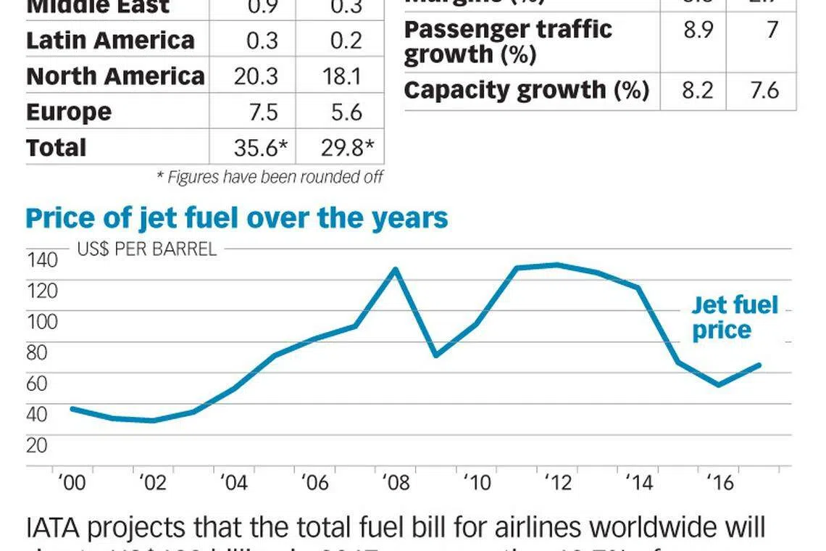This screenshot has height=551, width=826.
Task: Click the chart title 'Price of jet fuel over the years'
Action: point(236,217)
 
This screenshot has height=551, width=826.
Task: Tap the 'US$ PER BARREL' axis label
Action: point(146,249)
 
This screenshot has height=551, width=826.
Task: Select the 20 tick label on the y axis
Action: point(37,445)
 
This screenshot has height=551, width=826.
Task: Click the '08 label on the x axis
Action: point(395,483)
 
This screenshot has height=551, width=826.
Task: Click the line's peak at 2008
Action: point(395,270)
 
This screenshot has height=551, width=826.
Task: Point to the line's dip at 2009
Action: point(435,355)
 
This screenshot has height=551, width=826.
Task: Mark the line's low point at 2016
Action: point(719,385)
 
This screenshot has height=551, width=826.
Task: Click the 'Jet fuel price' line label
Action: point(733,318)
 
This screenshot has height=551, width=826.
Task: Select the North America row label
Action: point(115,76)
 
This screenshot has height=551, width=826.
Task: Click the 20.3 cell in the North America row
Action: point(256,76)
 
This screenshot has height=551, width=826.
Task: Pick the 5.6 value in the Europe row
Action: point(343,112)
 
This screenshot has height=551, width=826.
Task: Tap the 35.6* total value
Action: point(261,148)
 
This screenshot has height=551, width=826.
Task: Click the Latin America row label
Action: point(110,40)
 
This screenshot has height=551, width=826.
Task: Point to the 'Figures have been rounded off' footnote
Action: point(270,176)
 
